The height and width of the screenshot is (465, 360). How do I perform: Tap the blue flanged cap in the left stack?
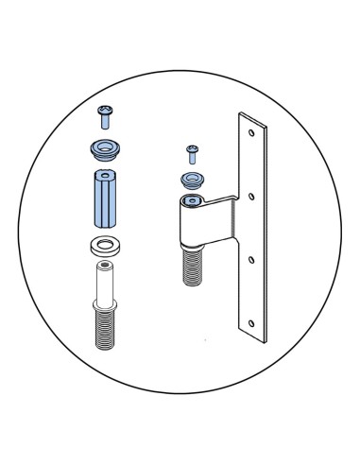pyautogui.click(x=104, y=149)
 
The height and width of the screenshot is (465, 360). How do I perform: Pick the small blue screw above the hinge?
pyautogui.click(x=192, y=150)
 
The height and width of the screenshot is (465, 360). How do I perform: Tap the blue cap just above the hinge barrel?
pyautogui.click(x=192, y=178)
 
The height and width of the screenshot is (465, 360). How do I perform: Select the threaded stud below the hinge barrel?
pyautogui.click(x=193, y=265)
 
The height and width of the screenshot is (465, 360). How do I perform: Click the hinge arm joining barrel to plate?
pyautogui.click(x=227, y=200)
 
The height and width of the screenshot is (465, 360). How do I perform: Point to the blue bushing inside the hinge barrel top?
pyautogui.click(x=192, y=200)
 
